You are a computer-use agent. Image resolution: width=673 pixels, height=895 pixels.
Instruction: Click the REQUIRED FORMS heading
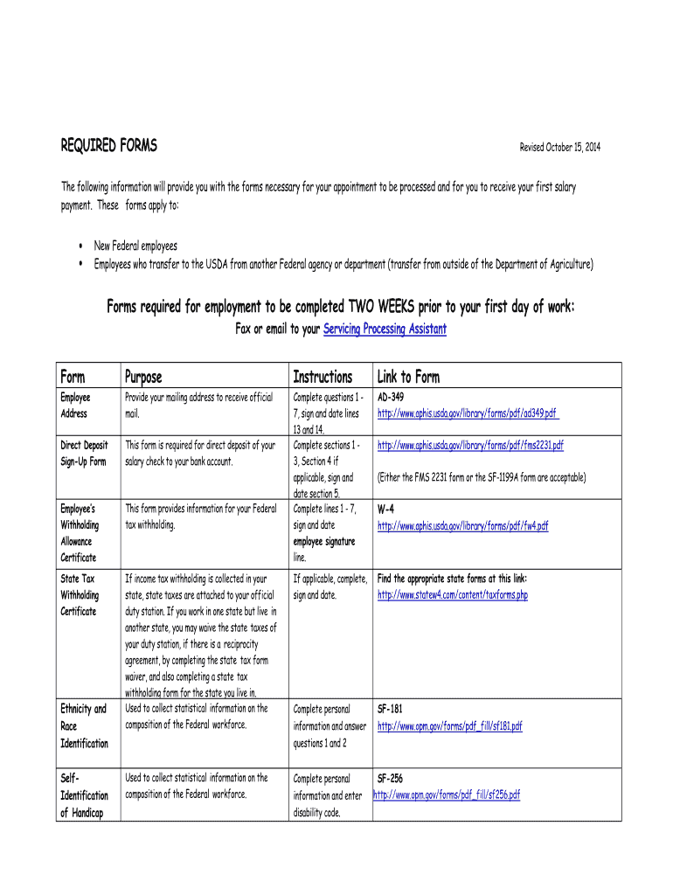(108, 146)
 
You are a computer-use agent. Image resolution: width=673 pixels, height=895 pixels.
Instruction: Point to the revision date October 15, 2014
(560, 147)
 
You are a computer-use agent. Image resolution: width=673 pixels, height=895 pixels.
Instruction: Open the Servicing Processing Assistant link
(385, 330)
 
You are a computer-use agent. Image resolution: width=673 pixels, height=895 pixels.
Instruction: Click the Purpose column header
(143, 377)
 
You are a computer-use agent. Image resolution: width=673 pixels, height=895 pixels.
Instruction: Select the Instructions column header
(323, 377)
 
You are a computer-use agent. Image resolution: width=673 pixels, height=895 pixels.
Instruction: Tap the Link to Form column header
(408, 377)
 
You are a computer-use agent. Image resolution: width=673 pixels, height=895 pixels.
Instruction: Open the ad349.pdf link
(468, 413)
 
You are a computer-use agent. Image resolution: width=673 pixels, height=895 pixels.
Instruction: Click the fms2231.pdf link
(470, 445)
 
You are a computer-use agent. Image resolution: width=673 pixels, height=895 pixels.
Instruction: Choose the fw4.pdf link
(462, 525)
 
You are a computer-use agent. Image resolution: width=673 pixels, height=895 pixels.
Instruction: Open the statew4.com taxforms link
(452, 595)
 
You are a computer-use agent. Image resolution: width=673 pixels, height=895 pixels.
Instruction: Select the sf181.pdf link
(449, 725)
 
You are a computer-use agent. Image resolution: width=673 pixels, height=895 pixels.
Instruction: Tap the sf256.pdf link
(448, 794)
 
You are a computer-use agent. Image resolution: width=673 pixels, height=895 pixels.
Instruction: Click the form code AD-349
(390, 397)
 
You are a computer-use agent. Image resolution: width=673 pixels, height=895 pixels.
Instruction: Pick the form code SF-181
(389, 709)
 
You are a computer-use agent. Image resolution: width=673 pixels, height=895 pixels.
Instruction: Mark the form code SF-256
(390, 778)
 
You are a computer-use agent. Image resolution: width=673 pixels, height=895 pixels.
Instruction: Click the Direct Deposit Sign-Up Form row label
(83, 453)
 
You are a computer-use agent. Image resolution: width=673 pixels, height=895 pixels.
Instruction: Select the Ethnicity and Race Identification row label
(84, 725)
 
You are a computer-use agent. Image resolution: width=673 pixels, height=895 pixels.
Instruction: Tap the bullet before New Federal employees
(80, 246)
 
